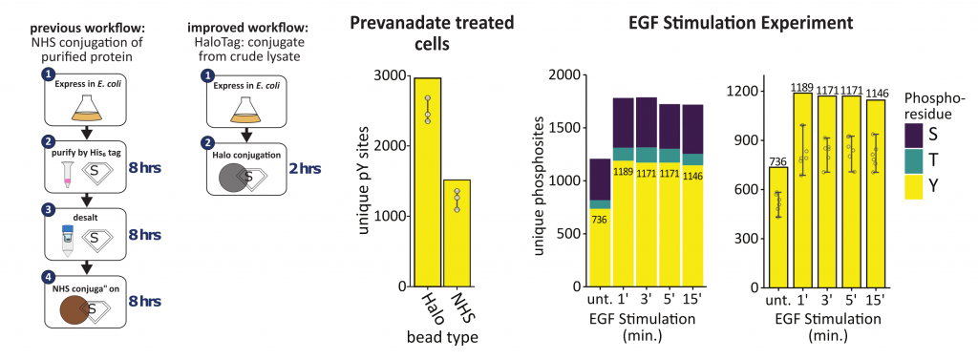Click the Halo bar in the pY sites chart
[x=427, y=181]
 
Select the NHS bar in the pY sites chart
[x=457, y=233]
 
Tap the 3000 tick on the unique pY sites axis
[x=389, y=75]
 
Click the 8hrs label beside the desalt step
[x=145, y=235]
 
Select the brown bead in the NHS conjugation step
[x=74, y=310]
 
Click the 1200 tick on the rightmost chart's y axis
[x=740, y=92]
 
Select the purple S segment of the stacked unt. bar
[x=600, y=180]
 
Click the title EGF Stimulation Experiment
[x=740, y=24]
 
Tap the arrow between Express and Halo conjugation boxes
[x=246, y=134]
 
